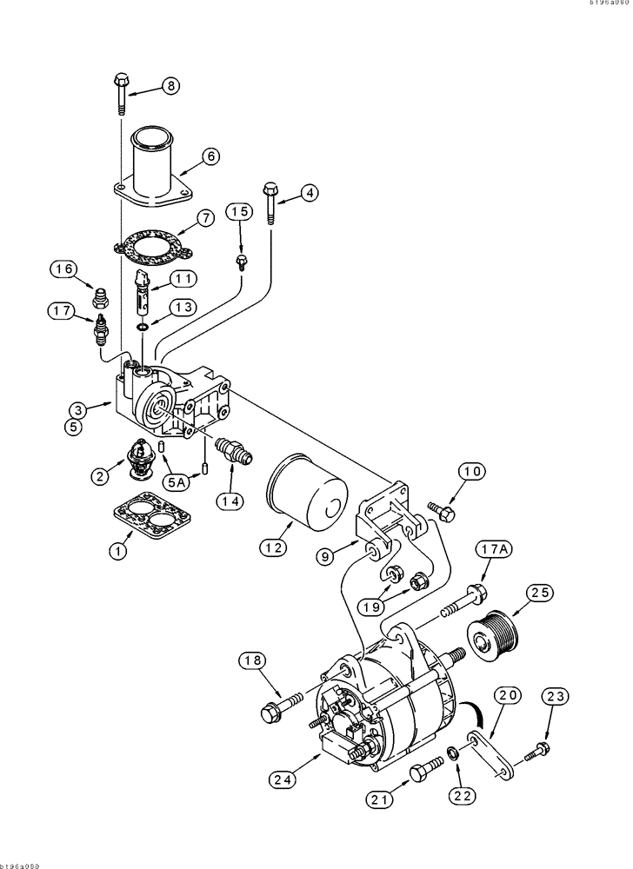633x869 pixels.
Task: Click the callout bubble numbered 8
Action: tap(170, 85)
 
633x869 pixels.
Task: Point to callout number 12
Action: tap(272, 547)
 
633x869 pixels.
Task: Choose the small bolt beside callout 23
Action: tap(538, 747)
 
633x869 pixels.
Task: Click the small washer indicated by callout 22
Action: tap(455, 751)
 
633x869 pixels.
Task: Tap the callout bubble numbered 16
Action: tap(64, 270)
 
